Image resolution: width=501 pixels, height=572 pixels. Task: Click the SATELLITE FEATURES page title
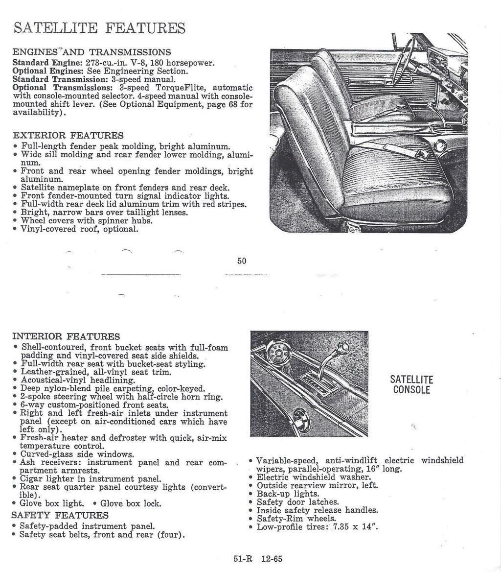(x=99, y=27)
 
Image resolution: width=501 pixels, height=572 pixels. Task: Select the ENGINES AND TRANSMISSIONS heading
(x=91, y=52)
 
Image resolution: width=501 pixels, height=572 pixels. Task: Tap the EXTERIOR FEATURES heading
(x=68, y=135)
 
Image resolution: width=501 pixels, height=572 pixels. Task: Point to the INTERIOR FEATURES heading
(x=66, y=336)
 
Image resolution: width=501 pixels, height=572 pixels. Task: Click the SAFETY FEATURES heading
(x=60, y=515)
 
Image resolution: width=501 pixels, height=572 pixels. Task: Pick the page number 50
(x=242, y=261)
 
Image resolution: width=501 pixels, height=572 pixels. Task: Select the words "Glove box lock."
(x=131, y=503)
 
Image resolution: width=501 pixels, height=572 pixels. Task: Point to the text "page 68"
(x=225, y=104)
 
